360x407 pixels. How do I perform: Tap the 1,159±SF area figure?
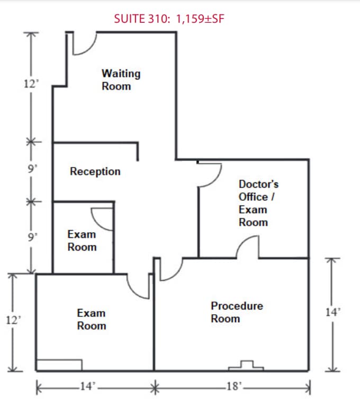200,19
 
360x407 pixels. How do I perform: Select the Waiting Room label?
121,79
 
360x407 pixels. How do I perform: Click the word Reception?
95,172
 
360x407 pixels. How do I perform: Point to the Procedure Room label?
237,312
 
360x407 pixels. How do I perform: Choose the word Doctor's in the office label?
258,184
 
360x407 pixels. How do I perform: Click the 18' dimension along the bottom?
234,386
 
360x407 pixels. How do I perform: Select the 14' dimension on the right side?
333,312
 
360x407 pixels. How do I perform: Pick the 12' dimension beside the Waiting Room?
31,84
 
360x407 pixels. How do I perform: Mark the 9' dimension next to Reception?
32,169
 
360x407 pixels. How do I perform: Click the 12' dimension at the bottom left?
13,320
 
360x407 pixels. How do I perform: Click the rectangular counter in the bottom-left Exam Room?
59,365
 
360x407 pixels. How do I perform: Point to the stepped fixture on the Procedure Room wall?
246,366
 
